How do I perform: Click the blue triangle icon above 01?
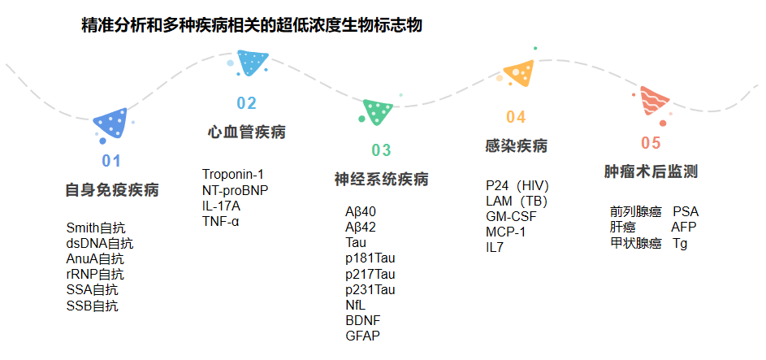[x=112, y=124]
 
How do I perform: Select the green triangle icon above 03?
[x=378, y=111]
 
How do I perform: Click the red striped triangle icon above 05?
[x=653, y=102]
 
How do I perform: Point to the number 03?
[x=381, y=150]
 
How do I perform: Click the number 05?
[x=651, y=144]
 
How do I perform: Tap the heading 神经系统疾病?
[x=381, y=180]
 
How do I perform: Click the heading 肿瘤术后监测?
[x=651, y=172]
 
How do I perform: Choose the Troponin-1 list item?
[x=233, y=174]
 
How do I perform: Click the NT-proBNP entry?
[x=236, y=190]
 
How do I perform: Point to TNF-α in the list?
[x=221, y=221]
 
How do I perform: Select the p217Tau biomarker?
[x=370, y=274]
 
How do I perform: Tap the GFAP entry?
[x=362, y=336]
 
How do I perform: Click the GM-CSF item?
[x=511, y=216]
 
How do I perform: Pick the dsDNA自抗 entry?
[x=100, y=244]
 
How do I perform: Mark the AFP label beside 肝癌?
[x=684, y=227]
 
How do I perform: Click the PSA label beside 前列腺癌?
[x=686, y=211]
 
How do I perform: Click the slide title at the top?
[x=252, y=26]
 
